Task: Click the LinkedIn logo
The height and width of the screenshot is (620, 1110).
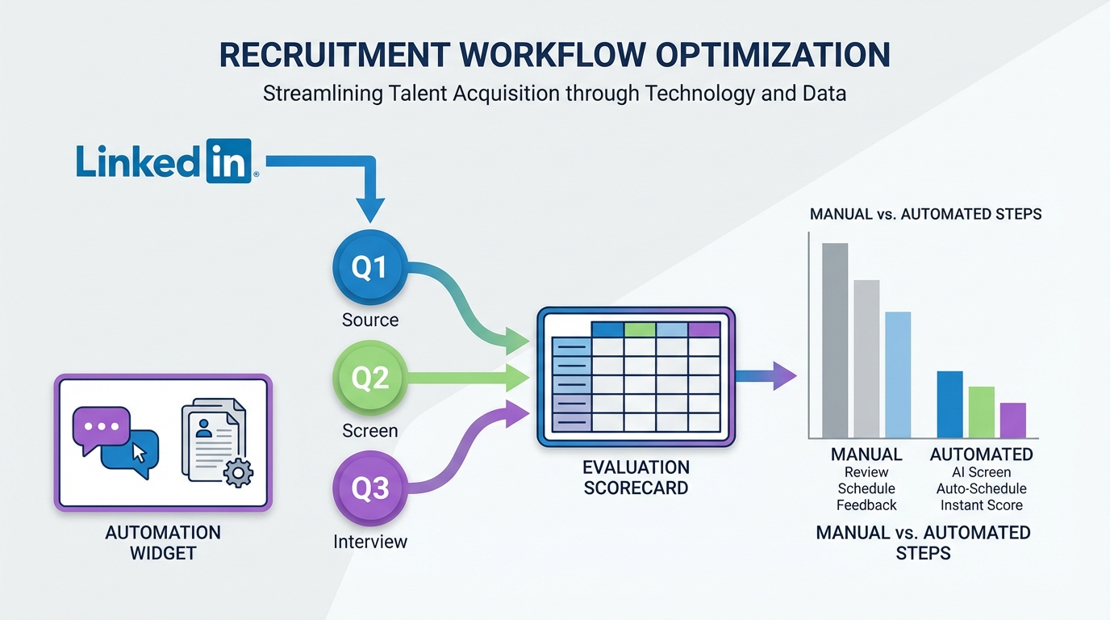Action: (167, 161)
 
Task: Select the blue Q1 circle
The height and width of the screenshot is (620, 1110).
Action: (370, 268)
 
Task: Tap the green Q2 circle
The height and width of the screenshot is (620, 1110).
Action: (370, 378)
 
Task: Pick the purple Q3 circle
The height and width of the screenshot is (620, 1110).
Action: (370, 488)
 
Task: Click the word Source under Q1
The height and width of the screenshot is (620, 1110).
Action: (370, 320)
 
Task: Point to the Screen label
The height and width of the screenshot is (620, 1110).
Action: (370, 430)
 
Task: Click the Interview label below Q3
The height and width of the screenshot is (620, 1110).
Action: (370, 542)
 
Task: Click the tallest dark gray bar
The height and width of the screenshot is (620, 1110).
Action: (835, 340)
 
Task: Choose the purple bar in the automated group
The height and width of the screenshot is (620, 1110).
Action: (1012, 420)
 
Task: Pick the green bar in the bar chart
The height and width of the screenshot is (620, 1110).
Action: (981, 412)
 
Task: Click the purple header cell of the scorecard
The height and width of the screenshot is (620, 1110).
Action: (703, 329)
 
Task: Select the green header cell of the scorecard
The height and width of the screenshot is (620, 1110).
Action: (640, 329)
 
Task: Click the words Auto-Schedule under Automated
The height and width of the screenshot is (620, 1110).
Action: (981, 488)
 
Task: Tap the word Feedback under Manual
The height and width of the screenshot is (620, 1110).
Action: (866, 505)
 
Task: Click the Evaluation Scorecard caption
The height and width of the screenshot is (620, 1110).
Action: (636, 477)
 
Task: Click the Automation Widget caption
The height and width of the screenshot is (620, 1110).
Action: (163, 542)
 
